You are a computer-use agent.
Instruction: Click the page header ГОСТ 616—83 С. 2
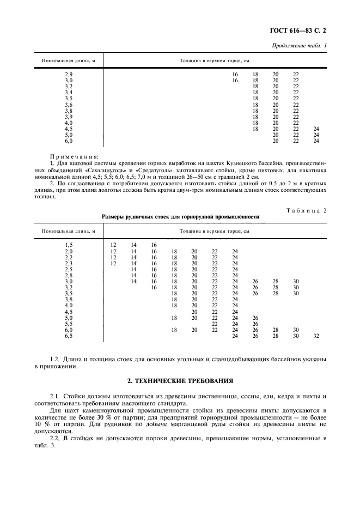click(308, 32)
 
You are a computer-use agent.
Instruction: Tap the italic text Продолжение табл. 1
click(300, 45)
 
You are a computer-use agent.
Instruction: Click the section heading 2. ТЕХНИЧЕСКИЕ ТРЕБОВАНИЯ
click(180, 380)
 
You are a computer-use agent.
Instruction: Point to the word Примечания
click(74, 155)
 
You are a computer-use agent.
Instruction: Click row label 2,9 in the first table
click(69, 74)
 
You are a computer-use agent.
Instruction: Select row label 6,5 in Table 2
click(69, 336)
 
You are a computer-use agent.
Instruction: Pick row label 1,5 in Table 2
click(69, 245)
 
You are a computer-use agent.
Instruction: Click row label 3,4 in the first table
click(69, 92)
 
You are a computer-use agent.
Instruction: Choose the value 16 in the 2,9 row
click(235, 74)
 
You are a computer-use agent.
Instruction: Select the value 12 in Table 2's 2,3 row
click(113, 263)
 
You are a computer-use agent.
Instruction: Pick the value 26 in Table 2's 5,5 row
click(255, 324)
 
